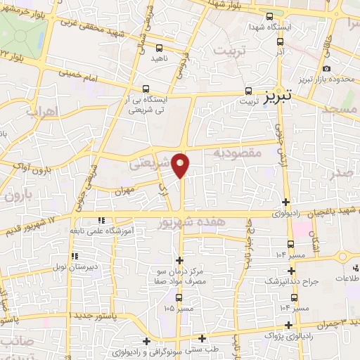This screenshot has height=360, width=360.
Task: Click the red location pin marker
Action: click(x=181, y=164)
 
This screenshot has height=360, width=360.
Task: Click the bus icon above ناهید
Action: click(x=160, y=49)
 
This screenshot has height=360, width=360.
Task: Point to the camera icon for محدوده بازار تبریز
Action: click(x=326, y=68)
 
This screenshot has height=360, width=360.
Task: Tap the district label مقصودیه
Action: click(x=237, y=152)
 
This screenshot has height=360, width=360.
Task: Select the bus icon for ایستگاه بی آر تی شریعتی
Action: click(x=146, y=89)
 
